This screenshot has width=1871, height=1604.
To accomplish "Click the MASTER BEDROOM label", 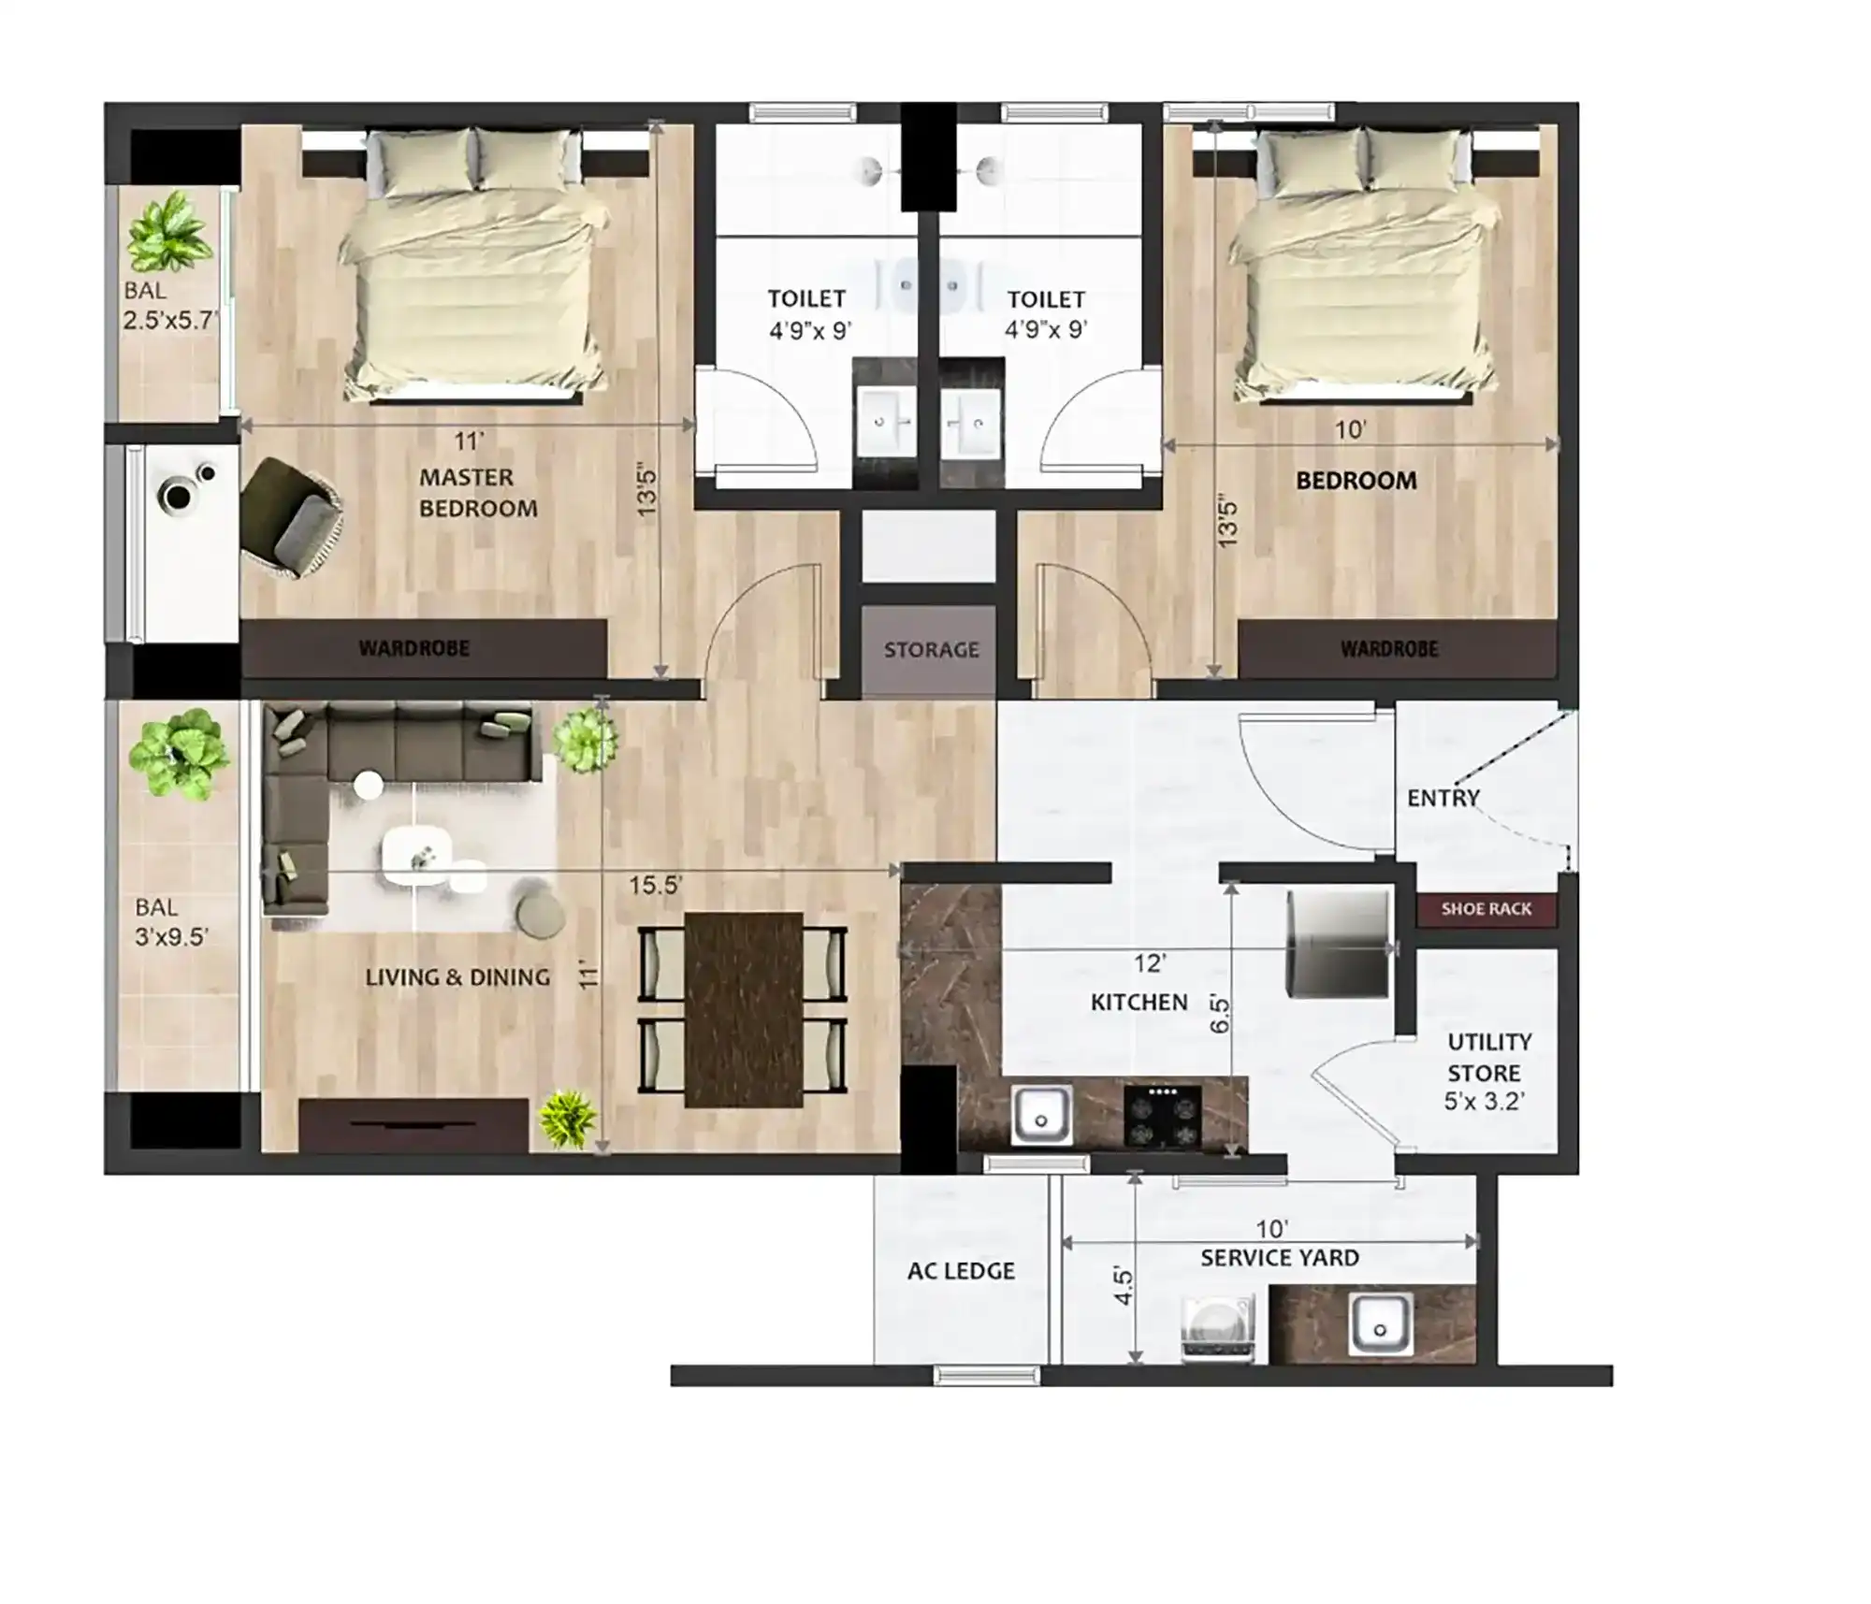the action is click(x=478, y=493).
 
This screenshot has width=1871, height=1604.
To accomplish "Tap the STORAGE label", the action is click(x=931, y=649).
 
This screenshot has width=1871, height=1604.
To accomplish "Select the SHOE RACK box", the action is click(x=1486, y=909).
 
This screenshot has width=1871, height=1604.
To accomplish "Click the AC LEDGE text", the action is click(x=961, y=1271).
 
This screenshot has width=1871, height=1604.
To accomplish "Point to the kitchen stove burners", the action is click(x=1162, y=1117).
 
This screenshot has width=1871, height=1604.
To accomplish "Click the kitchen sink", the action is click(x=1041, y=1116).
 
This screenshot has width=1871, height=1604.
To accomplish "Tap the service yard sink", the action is click(x=1380, y=1324).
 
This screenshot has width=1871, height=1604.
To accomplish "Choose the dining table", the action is click(x=744, y=1010).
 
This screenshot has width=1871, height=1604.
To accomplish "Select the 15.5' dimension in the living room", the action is click(x=655, y=885).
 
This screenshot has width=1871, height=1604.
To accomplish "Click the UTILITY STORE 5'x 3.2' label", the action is click(x=1487, y=1071).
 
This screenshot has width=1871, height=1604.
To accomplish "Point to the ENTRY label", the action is click(x=1443, y=798).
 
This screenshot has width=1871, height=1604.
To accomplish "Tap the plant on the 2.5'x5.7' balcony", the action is click(x=167, y=232).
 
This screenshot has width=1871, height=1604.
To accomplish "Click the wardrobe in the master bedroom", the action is click(x=424, y=648).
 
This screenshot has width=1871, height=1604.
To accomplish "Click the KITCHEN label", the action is click(x=1139, y=1003).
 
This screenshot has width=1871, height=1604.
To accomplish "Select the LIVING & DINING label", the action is click(x=457, y=977).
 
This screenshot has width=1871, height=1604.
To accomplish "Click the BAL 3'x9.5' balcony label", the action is click(x=170, y=922).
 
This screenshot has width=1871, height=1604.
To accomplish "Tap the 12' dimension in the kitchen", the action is click(x=1150, y=963).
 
